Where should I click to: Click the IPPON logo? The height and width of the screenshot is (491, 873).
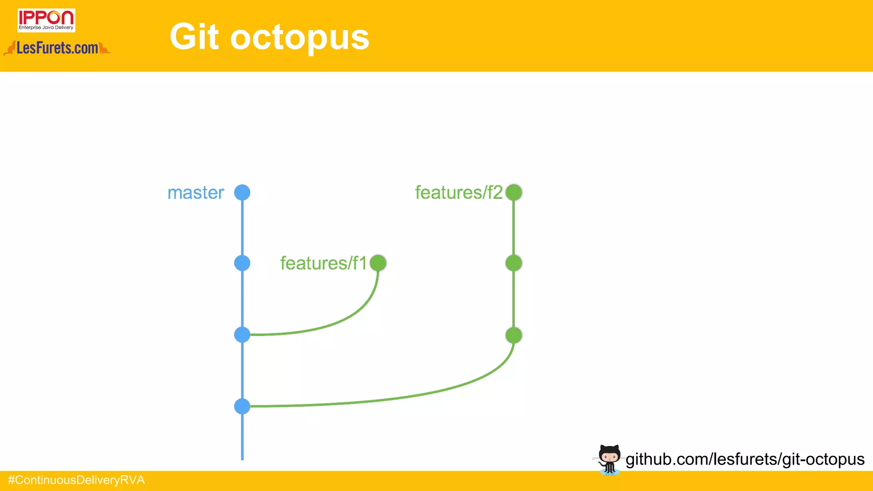(46, 20)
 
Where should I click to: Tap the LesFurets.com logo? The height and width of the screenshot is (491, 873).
(57, 48)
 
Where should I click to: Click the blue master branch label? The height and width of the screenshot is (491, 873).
(196, 193)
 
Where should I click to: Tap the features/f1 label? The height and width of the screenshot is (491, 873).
(323, 263)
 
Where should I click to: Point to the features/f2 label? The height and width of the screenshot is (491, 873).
(459, 193)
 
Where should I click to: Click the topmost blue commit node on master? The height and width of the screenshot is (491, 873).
(242, 193)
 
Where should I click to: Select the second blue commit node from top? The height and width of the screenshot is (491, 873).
(242, 263)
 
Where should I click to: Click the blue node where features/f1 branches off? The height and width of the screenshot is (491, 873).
(242, 335)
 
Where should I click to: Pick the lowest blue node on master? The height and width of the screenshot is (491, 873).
(242, 406)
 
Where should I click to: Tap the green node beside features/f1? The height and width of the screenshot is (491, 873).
(378, 263)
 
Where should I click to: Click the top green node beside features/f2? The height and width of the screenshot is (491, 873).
(514, 193)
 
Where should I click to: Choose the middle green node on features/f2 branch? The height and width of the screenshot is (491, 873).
(514, 263)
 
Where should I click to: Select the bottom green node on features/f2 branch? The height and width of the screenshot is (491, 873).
(514, 335)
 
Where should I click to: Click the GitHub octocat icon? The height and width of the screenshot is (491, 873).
(609, 459)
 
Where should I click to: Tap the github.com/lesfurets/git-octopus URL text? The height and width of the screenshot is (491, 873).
(745, 459)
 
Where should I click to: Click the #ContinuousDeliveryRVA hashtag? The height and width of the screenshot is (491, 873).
(77, 480)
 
